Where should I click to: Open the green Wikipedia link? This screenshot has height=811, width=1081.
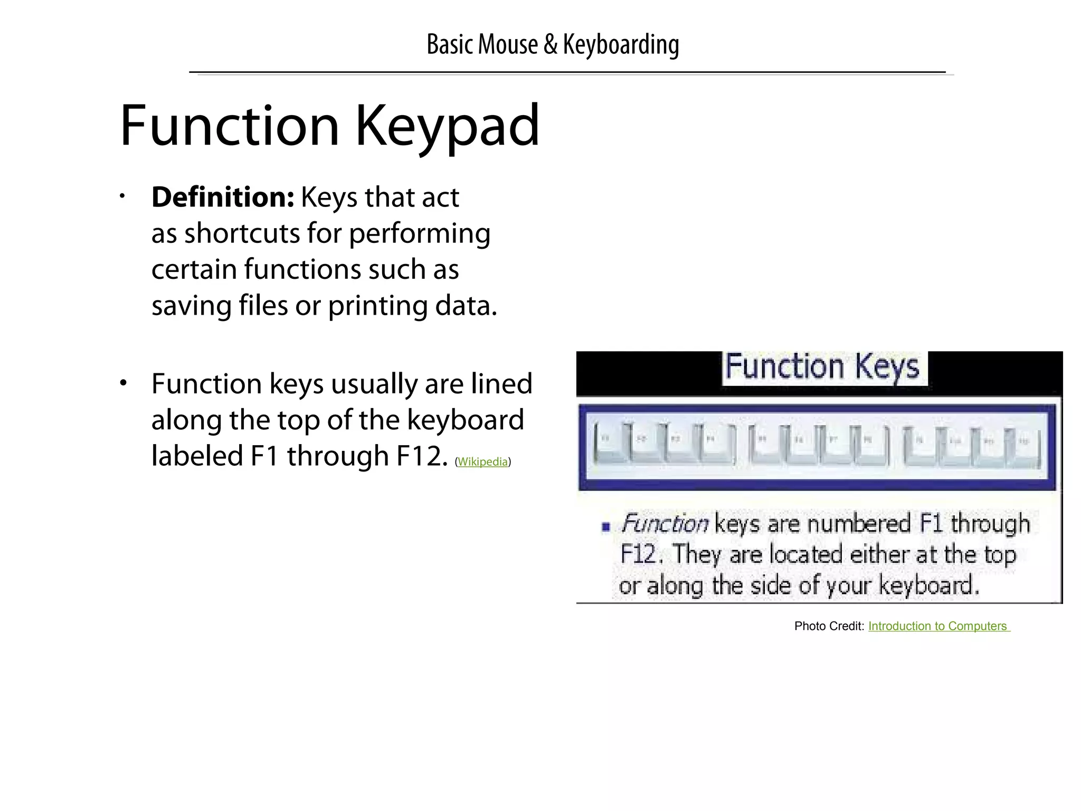[482, 462]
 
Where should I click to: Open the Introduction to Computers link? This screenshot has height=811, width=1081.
[938, 626]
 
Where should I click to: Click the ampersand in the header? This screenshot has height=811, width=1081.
[550, 44]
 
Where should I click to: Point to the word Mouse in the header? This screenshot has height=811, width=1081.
[508, 44]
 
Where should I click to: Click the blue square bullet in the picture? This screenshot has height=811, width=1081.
[606, 526]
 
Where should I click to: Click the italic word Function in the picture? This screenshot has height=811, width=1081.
[665, 524]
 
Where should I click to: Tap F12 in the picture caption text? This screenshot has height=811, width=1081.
[638, 554]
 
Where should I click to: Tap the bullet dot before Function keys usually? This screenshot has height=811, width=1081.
[123, 383]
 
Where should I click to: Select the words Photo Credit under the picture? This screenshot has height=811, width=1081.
[829, 626]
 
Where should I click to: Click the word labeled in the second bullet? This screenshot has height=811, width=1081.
[197, 456]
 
